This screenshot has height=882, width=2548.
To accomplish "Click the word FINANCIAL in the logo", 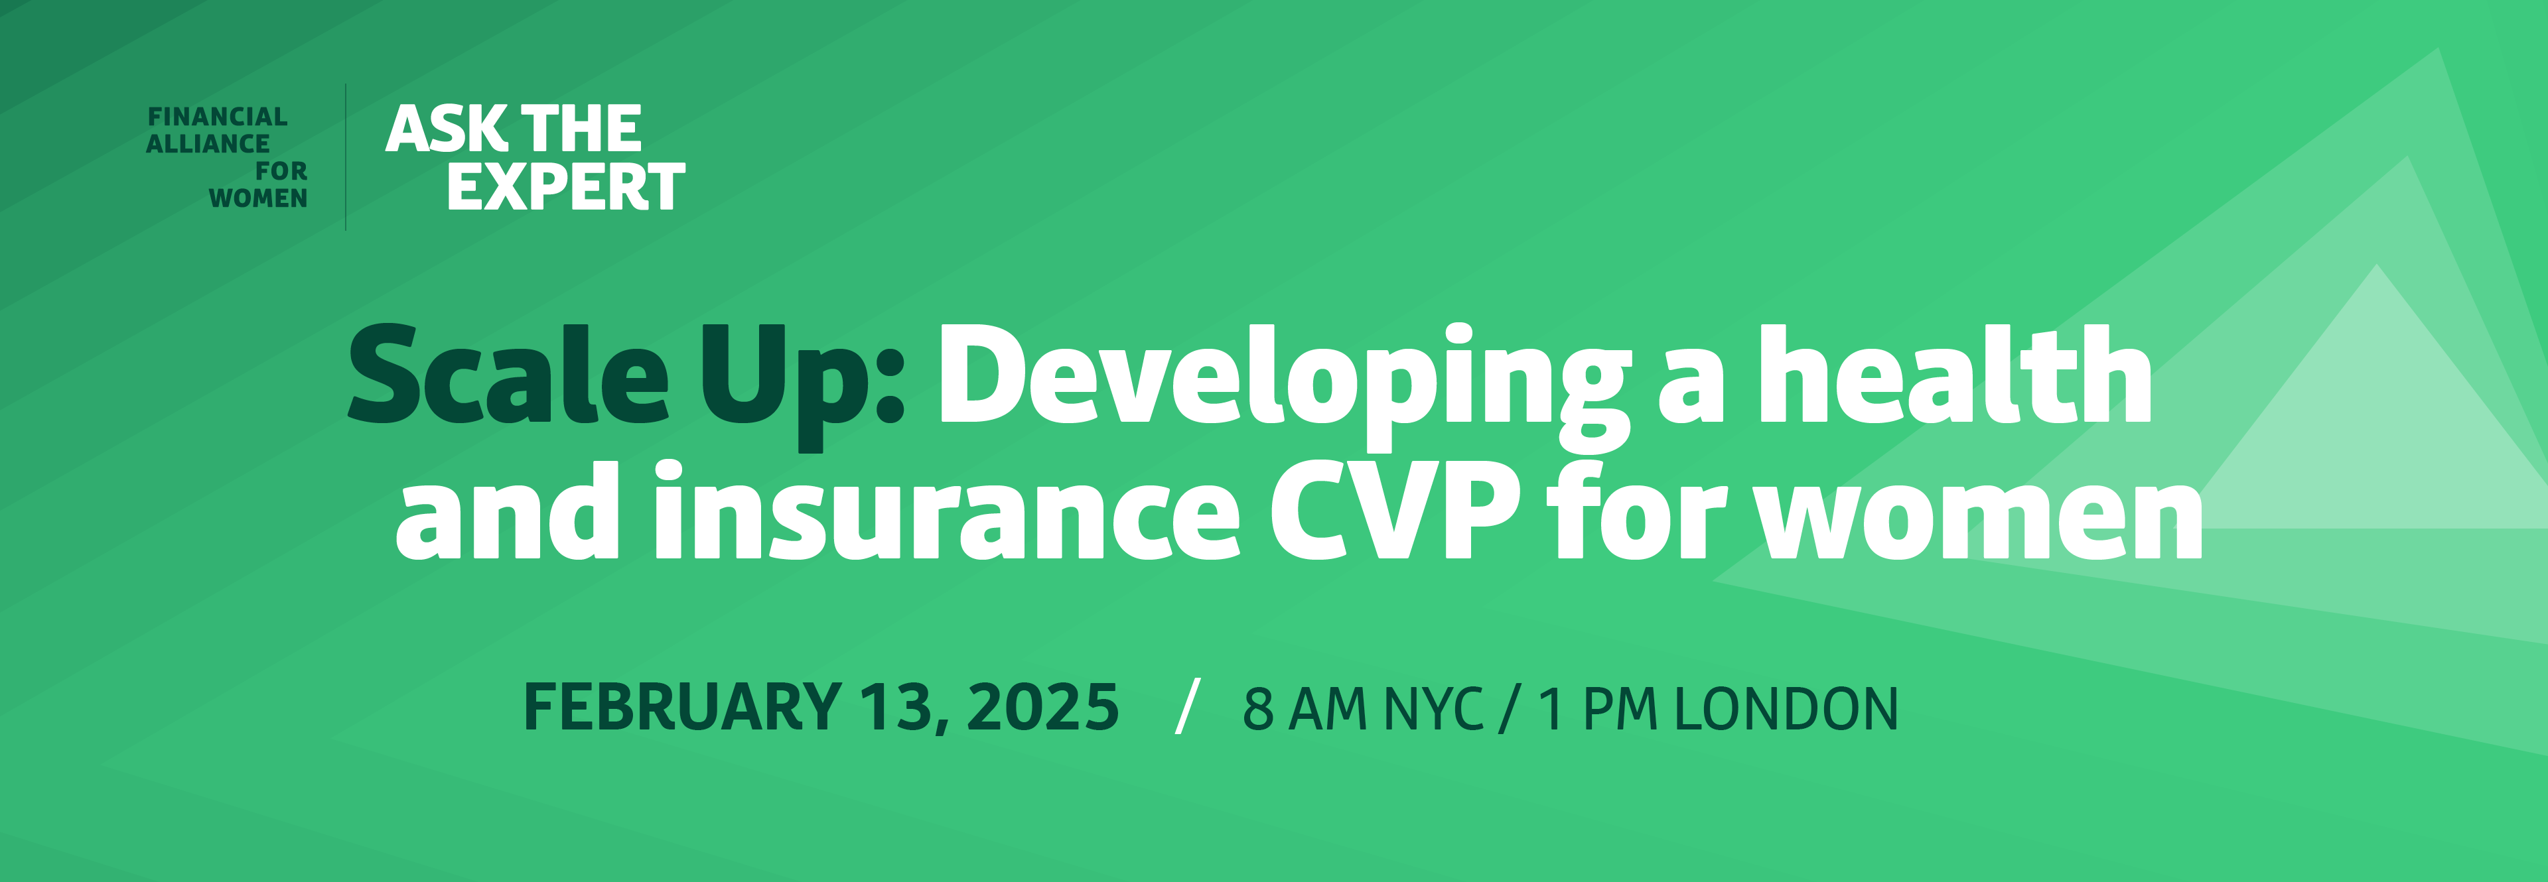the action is click(x=218, y=117).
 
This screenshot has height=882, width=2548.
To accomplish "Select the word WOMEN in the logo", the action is click(x=258, y=199).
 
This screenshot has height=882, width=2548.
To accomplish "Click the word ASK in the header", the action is click(x=446, y=129).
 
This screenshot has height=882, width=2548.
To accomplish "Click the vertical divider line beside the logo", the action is click(x=345, y=157).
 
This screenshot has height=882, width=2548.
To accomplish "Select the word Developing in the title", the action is click(x=1284, y=386).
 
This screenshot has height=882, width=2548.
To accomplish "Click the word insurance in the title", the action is click(x=947, y=512).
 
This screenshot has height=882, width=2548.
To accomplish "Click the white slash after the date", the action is click(x=1188, y=706).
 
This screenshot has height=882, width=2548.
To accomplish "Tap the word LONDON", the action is click(x=1786, y=709).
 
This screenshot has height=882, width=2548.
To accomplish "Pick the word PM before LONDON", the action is click(x=1619, y=709).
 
